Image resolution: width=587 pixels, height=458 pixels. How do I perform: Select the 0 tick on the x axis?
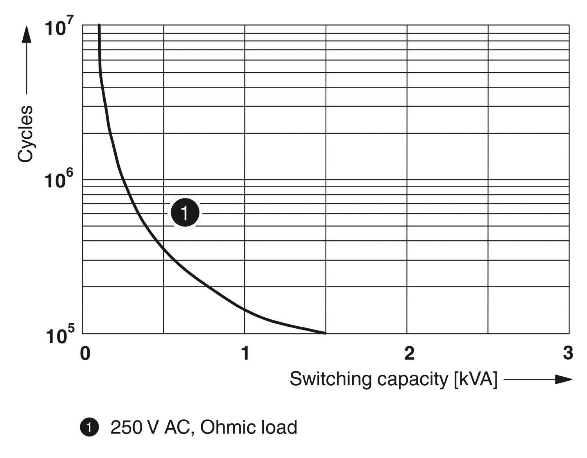pyautogui.click(x=85, y=354)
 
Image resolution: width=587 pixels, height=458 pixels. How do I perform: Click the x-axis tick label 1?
pyautogui.click(x=245, y=354)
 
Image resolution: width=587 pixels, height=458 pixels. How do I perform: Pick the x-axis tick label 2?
pyautogui.click(x=409, y=354)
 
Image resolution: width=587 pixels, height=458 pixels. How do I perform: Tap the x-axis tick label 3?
pyautogui.click(x=568, y=354)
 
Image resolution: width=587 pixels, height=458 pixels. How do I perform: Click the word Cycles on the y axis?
pyautogui.click(x=25, y=134)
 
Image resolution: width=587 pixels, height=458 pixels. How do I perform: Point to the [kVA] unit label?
pyautogui.click(x=475, y=379)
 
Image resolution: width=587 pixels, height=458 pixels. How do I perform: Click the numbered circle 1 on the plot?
pyautogui.click(x=185, y=213)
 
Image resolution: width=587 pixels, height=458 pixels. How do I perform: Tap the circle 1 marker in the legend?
pyautogui.click(x=89, y=427)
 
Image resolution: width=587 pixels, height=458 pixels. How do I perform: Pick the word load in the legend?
pyautogui.click(x=280, y=427)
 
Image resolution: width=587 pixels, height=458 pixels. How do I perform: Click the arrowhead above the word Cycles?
pyautogui.click(x=26, y=34)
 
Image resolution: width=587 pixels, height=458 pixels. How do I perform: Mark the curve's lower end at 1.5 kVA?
pyautogui.click(x=325, y=333)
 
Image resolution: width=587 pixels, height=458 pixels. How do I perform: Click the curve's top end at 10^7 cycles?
pyautogui.click(x=99, y=25)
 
